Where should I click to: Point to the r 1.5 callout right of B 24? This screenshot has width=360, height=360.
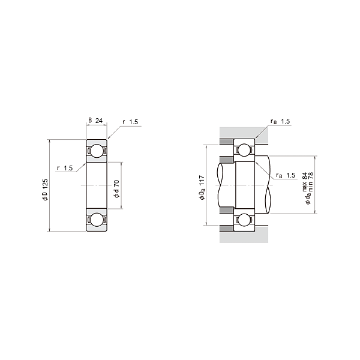coord(130,122)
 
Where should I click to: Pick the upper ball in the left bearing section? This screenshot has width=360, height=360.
coord(95,151)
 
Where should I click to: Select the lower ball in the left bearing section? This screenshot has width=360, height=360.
coord(95,220)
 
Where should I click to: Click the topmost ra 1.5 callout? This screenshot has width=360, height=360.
coord(280,122)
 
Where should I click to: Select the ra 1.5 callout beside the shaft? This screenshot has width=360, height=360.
coord(286,175)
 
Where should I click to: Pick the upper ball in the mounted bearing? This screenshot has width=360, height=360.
coord(244,151)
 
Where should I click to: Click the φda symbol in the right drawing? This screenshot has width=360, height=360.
coord(308,197)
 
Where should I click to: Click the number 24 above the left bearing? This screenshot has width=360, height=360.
coord(99,121)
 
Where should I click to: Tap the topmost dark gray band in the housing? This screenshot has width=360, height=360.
coord(226,142)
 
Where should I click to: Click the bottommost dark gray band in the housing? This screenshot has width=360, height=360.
coord(226,227)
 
